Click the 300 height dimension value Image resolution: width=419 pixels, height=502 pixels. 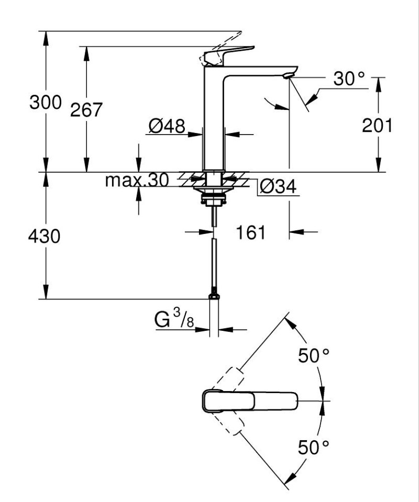tap(45, 103)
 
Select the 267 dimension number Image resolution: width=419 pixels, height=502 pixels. tap(87, 110)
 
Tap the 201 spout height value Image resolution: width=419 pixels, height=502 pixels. tap(377, 125)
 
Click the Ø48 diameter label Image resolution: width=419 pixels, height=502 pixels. tap(167, 126)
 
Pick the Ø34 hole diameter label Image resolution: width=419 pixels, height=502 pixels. tap(278, 186)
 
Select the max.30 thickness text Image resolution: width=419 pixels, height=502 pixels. tap(137, 181)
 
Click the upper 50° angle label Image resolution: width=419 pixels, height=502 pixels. tap(314, 356)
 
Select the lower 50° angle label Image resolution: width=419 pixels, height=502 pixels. tap(314, 447)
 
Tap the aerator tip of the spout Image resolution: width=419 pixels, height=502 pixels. tap(287, 76)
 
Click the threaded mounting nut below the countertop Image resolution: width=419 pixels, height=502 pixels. tap(214, 198)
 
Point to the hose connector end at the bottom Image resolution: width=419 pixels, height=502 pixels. tap(214, 296)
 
